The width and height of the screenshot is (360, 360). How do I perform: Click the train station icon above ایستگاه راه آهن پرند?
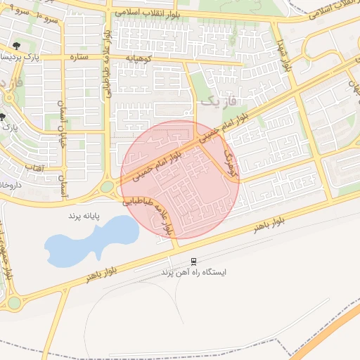click(195, 261)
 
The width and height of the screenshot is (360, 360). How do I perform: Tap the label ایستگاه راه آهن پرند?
click(195, 271)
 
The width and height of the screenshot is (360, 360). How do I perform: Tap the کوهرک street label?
click(230, 161)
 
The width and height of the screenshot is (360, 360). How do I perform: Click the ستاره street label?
click(79, 57)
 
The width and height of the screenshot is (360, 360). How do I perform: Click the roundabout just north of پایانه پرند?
click(107, 187)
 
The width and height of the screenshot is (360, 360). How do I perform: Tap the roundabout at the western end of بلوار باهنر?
click(13, 303)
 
